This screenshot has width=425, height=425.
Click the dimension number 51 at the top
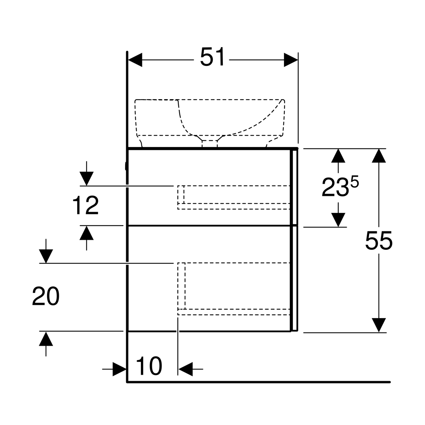pyautogui.click(x=212, y=57)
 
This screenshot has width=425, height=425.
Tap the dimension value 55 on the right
pyautogui.click(x=379, y=240)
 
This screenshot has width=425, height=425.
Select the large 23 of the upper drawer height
pyautogui.click(x=335, y=187)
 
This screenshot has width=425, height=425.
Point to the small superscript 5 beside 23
pyautogui.click(x=355, y=182)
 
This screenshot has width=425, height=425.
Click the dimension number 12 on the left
pyautogui.click(x=86, y=205)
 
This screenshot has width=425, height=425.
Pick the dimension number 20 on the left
pyautogui.click(x=46, y=296)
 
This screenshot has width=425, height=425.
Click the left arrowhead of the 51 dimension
pyautogui.click(x=135, y=60)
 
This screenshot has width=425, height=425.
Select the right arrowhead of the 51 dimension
pyautogui.click(x=291, y=60)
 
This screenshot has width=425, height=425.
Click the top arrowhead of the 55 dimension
pyautogui.click(x=379, y=156)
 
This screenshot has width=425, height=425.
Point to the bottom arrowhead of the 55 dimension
pyautogui.click(x=379, y=325)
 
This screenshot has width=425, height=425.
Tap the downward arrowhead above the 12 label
pyautogui.click(x=86, y=178)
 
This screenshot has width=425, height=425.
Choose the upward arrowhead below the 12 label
pyautogui.click(x=86, y=233)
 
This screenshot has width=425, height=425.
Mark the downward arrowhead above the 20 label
pyautogui.click(x=46, y=256)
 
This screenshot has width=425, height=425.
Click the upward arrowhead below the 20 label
pyautogui.click(x=46, y=339)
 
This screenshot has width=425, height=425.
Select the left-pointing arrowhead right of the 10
pyautogui.click(x=186, y=369)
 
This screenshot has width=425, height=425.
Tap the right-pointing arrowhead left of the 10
pyautogui.click(x=120, y=369)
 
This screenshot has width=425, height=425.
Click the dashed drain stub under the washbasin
pyautogui.click(x=210, y=143)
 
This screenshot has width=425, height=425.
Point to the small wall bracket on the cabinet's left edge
pyautogui.click(x=126, y=166)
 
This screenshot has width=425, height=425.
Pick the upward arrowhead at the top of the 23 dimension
pyautogui.click(x=338, y=156)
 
